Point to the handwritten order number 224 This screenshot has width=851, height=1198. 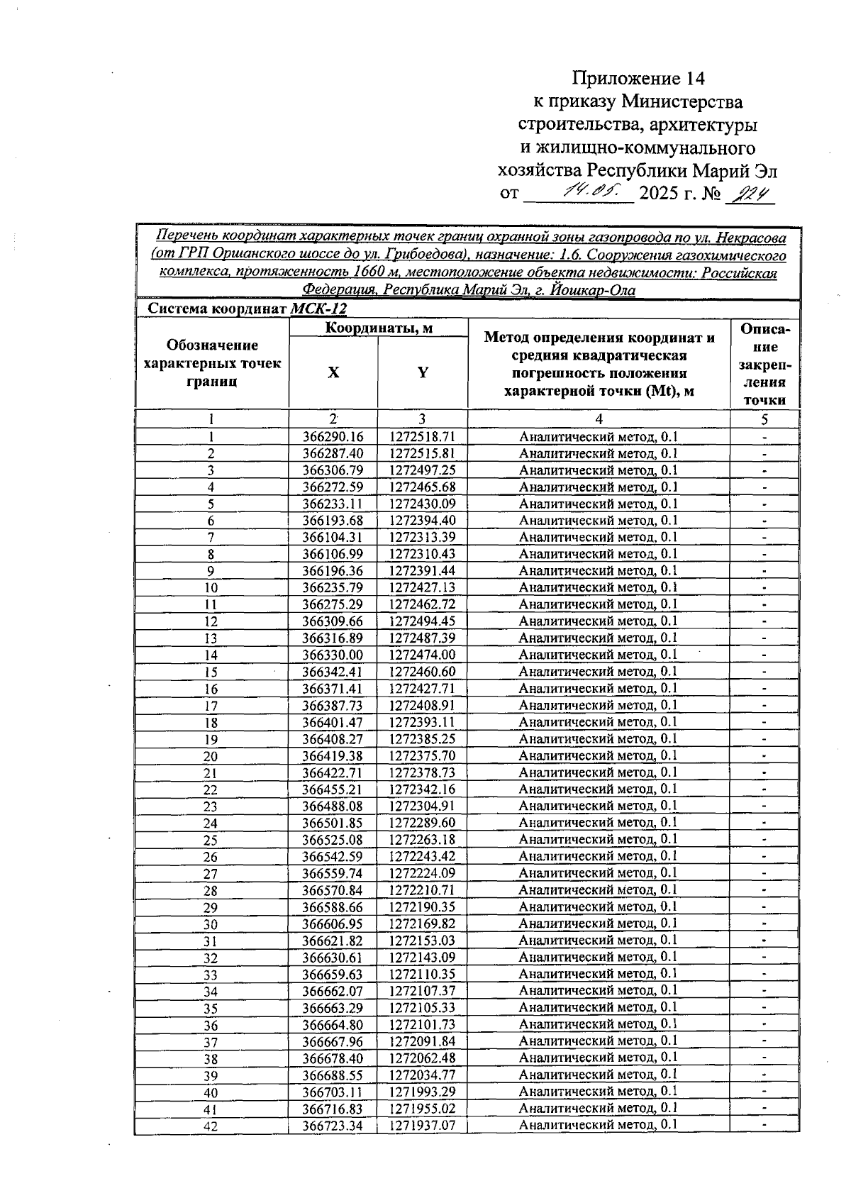[750, 192]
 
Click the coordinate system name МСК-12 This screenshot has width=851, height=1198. [318, 309]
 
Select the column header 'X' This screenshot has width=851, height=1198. [333, 372]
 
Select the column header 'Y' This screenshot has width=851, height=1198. [422, 372]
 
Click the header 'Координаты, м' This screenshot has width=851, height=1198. [378, 328]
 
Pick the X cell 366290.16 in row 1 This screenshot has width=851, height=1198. [333, 437]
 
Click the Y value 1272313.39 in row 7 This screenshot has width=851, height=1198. [422, 538]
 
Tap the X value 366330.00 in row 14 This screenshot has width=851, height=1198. [333, 655]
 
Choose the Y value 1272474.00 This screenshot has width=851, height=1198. [422, 655]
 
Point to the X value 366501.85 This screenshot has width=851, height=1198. [333, 823]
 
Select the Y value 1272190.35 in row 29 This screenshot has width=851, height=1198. [422, 907]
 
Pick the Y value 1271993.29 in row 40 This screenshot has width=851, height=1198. [422, 1092]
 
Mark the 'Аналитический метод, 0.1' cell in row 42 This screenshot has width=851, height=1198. [598, 1125]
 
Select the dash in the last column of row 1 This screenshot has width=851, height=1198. [764, 438]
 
